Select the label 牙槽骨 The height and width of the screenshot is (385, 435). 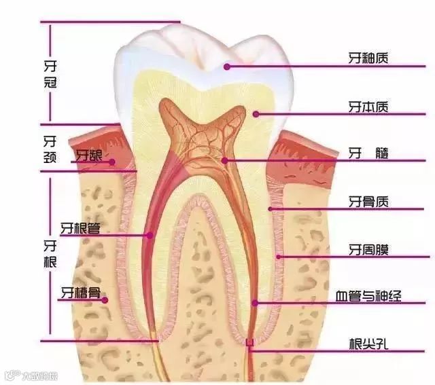tap(80, 293)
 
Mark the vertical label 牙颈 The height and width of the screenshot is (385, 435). tap(48, 149)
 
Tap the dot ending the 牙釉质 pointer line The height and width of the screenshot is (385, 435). tap(228, 67)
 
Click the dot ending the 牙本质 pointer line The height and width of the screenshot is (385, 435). tap(256, 114)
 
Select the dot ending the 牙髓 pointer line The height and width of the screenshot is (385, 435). tap(225, 160)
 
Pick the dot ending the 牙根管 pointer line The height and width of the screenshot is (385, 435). tap(150, 235)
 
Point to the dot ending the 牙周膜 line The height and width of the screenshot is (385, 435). tap(279, 257)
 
